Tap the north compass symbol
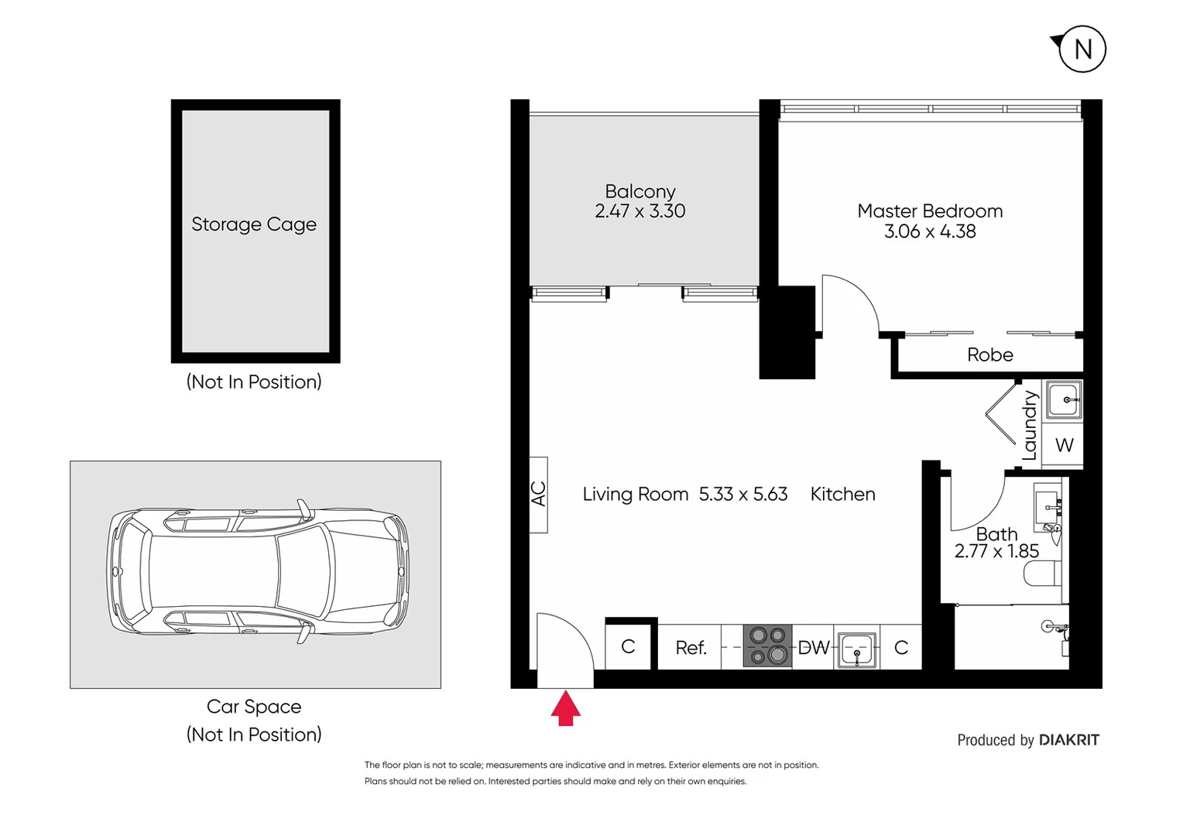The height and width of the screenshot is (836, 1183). [x=1082, y=50]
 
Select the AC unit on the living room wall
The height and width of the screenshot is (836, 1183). [x=539, y=495]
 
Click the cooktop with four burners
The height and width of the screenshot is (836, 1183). [x=768, y=646]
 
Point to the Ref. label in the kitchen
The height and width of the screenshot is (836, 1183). [x=691, y=648]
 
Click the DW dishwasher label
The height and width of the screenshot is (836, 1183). [x=813, y=648]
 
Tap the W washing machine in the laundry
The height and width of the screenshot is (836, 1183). [x=1064, y=445]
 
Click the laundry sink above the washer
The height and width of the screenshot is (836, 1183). [x=1064, y=400]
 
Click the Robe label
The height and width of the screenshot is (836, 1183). [x=989, y=355]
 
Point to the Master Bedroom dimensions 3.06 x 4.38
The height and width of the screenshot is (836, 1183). [x=930, y=231]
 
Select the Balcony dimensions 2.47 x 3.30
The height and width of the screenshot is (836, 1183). [x=640, y=211]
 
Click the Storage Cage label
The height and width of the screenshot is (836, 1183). [x=254, y=224]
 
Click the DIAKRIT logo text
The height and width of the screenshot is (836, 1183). [x=1068, y=740]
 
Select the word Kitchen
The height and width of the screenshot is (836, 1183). [x=842, y=494]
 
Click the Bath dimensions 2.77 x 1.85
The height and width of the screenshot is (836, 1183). [x=996, y=551]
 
